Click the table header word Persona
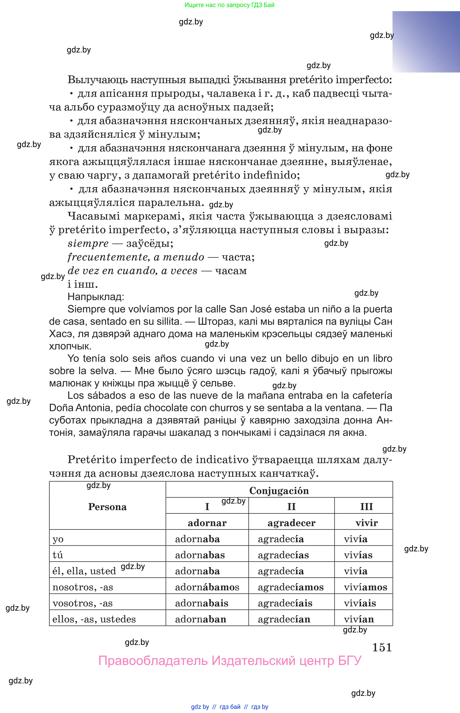click(x=107, y=507)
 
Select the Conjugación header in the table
click(x=279, y=491)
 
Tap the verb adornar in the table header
click(x=207, y=523)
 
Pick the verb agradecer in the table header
click(x=291, y=523)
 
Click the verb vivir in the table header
click(x=367, y=523)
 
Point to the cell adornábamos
click(x=207, y=587)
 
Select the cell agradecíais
click(x=285, y=603)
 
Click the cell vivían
click(x=359, y=619)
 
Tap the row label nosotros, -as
click(x=83, y=587)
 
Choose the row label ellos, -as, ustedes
click(x=94, y=619)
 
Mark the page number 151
click(x=382, y=647)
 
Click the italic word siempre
click(x=88, y=244)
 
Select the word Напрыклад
click(x=96, y=296)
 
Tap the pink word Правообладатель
click(x=153, y=661)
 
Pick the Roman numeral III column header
click(x=367, y=507)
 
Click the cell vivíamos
click(x=365, y=587)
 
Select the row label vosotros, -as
click(x=83, y=603)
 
